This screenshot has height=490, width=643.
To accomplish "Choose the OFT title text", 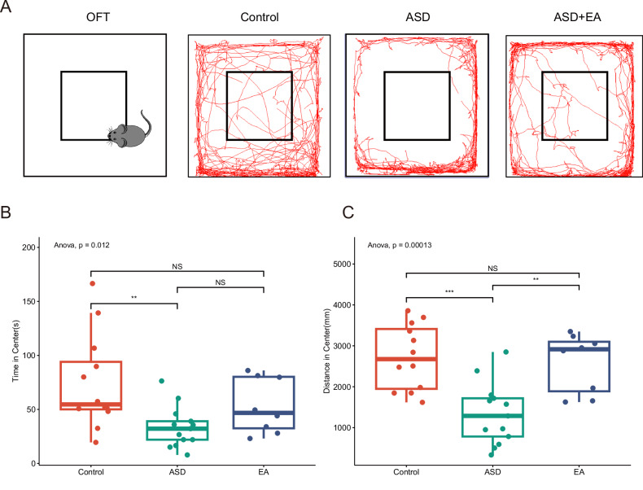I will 94,17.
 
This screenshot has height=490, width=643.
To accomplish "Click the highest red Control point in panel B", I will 92,283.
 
